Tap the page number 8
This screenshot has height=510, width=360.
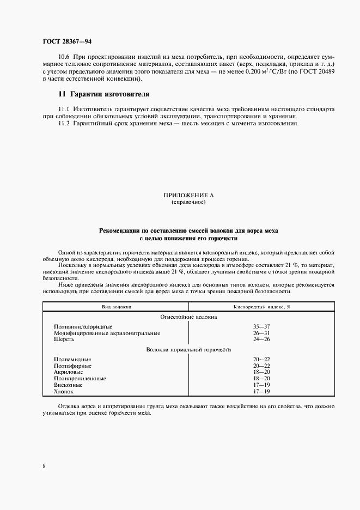point(44,466)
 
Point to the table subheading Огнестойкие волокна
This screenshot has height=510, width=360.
point(188,317)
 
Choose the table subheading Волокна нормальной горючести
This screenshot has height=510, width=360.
point(188,349)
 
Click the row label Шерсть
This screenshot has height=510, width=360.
point(64,339)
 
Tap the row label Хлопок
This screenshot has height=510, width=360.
point(63,391)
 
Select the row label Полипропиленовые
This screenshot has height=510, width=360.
point(80,378)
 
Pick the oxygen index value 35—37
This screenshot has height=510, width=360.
point(262,326)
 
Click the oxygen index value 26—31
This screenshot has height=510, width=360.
point(262,333)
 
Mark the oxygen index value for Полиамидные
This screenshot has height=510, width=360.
point(262,359)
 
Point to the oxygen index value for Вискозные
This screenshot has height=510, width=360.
point(262,385)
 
